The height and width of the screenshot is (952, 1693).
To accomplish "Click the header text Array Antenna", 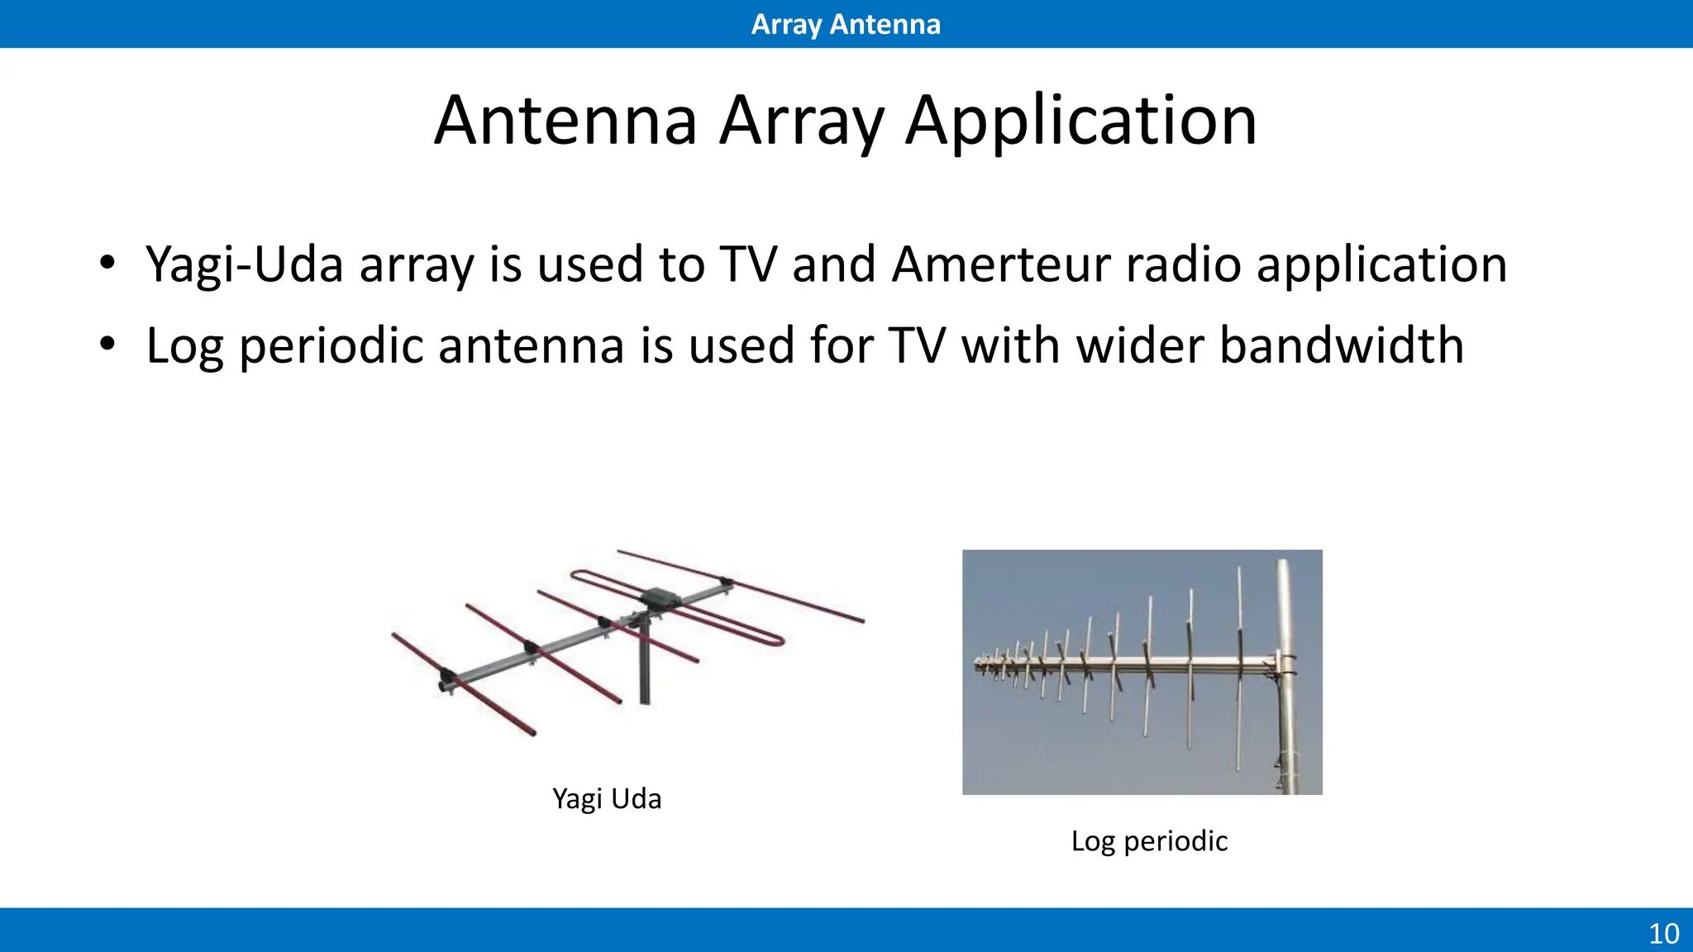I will click(x=846, y=24).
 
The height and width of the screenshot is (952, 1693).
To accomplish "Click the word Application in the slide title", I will click(x=1080, y=121).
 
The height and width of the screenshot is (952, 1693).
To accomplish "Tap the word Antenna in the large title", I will click(x=566, y=121).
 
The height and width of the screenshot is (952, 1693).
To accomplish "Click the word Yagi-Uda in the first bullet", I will click(x=244, y=264).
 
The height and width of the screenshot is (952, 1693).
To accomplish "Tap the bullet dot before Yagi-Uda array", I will click(x=107, y=264).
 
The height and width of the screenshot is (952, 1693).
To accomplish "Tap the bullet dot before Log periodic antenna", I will click(x=107, y=344).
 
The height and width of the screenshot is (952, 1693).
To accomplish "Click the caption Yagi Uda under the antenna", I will click(x=606, y=799).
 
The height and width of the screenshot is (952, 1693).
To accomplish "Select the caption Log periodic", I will click(x=1148, y=841).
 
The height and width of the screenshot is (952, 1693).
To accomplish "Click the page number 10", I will click(x=1663, y=934).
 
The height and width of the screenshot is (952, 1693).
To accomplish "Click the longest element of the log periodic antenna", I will click(x=1239, y=669).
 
